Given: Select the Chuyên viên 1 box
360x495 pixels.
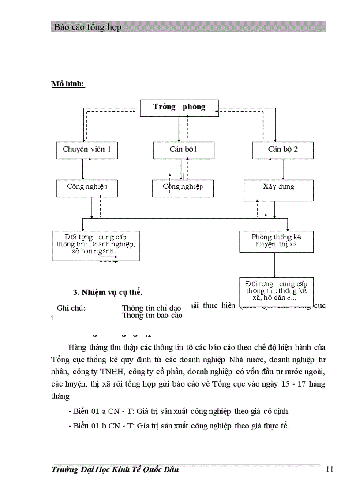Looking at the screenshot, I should coord(87,150).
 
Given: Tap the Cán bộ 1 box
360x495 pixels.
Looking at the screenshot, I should coord(184,150).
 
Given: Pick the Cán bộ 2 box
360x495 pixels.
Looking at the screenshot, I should coord(283,150).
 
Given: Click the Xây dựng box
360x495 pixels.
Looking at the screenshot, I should coord(279,190).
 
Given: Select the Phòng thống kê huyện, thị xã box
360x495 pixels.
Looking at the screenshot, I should coord(277,241).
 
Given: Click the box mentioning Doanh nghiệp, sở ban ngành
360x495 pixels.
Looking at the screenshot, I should coord(96,245).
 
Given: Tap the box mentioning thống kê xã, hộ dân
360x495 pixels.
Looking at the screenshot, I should coord(277,289).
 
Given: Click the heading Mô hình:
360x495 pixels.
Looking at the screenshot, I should coord(68,84).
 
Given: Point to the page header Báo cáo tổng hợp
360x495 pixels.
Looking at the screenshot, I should coord(87,27).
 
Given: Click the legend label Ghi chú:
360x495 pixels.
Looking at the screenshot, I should coord(71,308).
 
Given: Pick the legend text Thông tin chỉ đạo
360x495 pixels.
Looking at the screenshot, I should coord(152,308).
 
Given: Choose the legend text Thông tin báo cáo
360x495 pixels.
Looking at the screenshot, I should coord(152,315).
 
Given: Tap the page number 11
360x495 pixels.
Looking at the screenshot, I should coord(330,469).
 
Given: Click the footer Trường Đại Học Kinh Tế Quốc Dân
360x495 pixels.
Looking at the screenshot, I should coord(115,469).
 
